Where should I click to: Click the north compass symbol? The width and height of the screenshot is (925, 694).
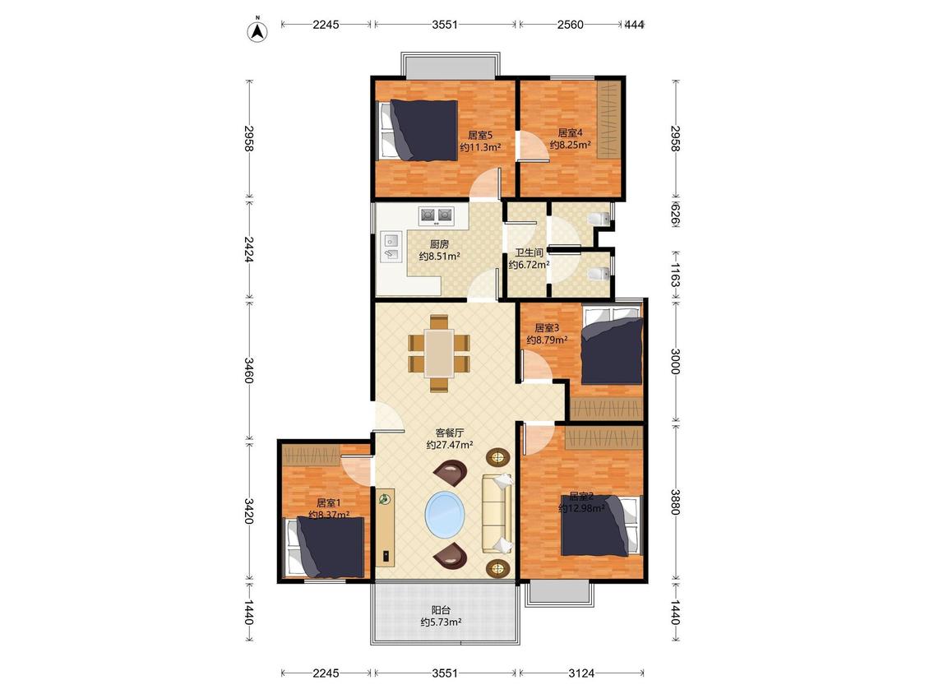pyautogui.click(x=257, y=30)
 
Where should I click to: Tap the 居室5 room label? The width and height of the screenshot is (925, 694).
pyautogui.click(x=480, y=135)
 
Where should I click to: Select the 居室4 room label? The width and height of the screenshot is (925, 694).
pyautogui.click(x=571, y=132)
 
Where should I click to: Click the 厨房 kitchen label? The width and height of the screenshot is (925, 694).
pyautogui.click(x=440, y=243)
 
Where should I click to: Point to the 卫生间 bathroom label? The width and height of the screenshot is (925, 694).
pyautogui.click(x=530, y=252)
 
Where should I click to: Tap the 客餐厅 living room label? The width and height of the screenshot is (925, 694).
pyautogui.click(x=450, y=433)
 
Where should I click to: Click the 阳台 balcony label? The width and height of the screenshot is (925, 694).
pyautogui.click(x=441, y=609)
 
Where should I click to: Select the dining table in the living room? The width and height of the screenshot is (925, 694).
pyautogui.click(x=440, y=353)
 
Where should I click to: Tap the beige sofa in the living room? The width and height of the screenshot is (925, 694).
pyautogui.click(x=497, y=513)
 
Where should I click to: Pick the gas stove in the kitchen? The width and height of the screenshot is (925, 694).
pyautogui.click(x=436, y=215)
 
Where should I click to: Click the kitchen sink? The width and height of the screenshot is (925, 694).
pyautogui.click(x=391, y=247)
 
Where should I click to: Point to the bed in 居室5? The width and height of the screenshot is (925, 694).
pyautogui.click(x=419, y=131)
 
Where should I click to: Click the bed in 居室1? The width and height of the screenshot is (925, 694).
pyautogui.click(x=325, y=547)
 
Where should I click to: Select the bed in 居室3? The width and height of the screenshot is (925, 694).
pyautogui.click(x=612, y=345)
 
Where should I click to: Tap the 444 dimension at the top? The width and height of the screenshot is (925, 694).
pyautogui.click(x=635, y=24)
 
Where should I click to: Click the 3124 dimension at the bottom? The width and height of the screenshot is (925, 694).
pyautogui.click(x=581, y=673)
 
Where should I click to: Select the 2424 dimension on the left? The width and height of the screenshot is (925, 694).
pyautogui.click(x=248, y=250)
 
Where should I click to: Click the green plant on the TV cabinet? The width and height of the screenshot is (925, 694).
pyautogui.click(x=385, y=499)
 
